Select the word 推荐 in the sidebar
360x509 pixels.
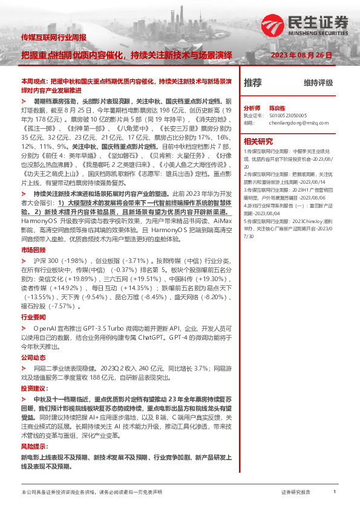[252, 82]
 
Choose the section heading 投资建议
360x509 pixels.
[34, 388]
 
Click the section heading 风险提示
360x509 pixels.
[34, 446]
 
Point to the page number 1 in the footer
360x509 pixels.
[335, 492]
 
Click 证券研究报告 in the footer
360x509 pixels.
[296, 493]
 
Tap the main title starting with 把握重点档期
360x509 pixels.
[127, 54]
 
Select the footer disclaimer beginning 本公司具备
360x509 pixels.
[92, 492]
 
